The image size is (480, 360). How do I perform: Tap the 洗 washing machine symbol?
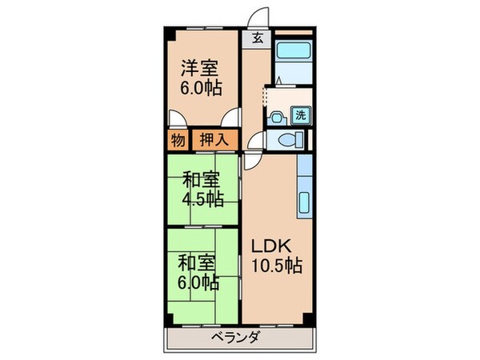coord(301,114)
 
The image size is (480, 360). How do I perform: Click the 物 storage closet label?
coord(178,140)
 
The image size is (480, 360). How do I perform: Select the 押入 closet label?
coord(213,140)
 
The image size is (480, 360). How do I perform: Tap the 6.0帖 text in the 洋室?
coord(200,87)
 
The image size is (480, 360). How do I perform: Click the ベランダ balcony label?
coord(237,338)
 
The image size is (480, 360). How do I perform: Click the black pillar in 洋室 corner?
coord(170,34)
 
